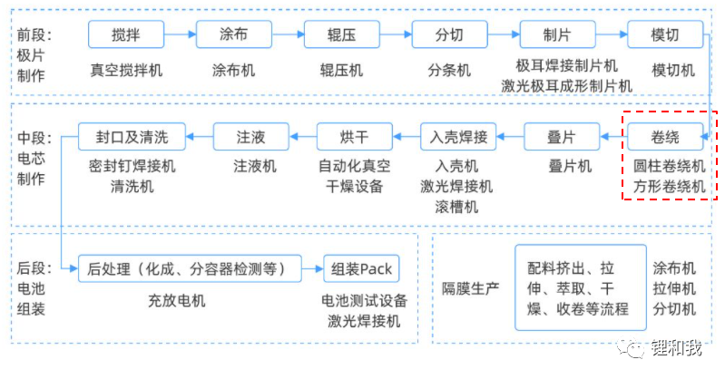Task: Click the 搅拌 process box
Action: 126,35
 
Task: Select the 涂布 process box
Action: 233,35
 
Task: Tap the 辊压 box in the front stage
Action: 341,35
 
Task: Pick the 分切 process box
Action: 449,35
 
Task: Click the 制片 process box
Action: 557,35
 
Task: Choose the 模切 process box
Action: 665,35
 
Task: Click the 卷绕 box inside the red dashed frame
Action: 665,137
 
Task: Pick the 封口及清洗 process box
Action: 132,137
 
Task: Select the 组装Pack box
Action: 362,268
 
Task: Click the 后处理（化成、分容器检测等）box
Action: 192,268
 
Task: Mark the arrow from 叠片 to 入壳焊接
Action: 511,137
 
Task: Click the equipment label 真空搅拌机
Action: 126,70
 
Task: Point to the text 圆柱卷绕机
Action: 669,167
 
